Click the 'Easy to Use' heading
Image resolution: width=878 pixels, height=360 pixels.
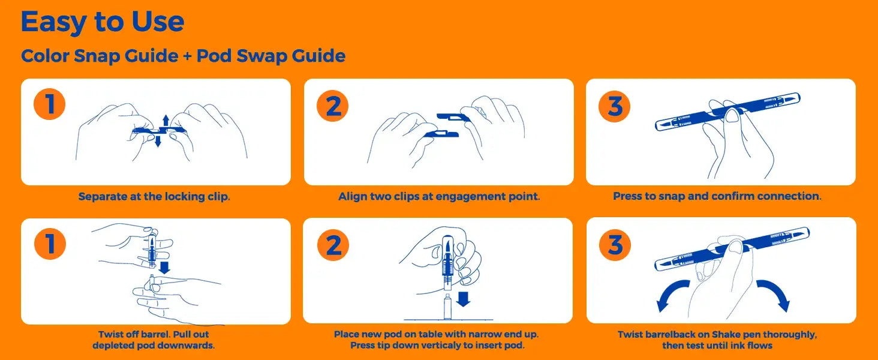[x=103, y=23]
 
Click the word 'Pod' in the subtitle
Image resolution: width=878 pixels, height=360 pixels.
[x=214, y=56]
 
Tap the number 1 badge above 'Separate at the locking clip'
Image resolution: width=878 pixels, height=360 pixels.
[x=49, y=104]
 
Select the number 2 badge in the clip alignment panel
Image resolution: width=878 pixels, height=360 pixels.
[x=333, y=106]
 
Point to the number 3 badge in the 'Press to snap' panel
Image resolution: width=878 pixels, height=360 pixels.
[x=615, y=106]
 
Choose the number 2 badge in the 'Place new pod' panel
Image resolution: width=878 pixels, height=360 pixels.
[x=333, y=245]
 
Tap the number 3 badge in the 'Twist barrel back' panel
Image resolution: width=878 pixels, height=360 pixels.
[x=615, y=245]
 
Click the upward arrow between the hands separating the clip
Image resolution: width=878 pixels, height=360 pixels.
[x=166, y=121]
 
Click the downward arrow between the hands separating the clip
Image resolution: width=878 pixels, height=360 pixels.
[x=158, y=141]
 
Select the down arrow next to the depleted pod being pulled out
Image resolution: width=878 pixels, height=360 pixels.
[x=164, y=267]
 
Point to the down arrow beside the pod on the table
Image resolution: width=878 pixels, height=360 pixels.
[x=464, y=299]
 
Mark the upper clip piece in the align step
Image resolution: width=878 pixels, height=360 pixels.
[x=453, y=117]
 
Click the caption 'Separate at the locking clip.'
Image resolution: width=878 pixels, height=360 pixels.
[x=154, y=196]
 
